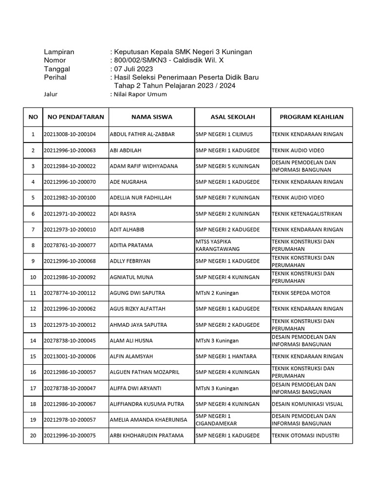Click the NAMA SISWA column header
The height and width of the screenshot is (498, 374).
pyautogui.click(x=151, y=117)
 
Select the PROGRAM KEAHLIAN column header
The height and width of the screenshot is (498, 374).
pyautogui.click(x=312, y=117)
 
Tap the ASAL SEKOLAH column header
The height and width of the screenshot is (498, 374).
pyautogui.click(x=233, y=117)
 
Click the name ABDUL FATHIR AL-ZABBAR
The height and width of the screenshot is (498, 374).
pyautogui.click(x=142, y=134)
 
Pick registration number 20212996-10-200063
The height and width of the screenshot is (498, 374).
pyautogui.click(x=70, y=150)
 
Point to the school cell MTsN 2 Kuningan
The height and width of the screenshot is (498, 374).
pyautogui.click(x=217, y=293)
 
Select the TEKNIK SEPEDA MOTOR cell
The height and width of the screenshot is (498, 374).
pyautogui.click(x=301, y=293)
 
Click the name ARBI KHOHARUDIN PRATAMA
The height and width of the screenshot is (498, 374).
pyautogui.click(x=147, y=435)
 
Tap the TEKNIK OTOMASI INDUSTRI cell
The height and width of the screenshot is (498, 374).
pyautogui.click(x=305, y=435)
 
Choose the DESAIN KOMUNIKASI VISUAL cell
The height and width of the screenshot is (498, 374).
pyautogui.click(x=307, y=404)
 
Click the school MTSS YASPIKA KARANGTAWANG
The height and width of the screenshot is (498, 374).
pyautogui.click(x=218, y=245)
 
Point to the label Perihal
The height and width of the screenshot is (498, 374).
pyautogui.click(x=55, y=77)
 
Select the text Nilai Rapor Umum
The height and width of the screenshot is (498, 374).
pyautogui.click(x=140, y=94)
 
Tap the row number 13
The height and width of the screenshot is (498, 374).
pyautogui.click(x=33, y=324)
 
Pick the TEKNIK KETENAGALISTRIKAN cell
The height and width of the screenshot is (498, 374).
pyautogui.click(x=307, y=213)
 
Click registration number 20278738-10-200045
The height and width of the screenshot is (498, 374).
pyautogui.click(x=70, y=340)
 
